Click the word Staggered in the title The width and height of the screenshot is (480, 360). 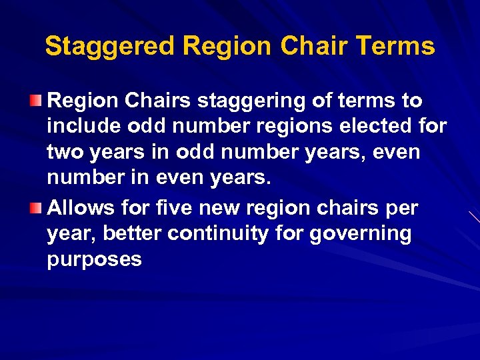pos(110,47)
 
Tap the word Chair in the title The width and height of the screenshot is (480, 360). pos(315,47)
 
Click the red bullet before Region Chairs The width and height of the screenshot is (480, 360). pos(39,101)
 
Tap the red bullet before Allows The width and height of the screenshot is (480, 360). pos(39,208)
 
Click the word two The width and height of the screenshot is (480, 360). pos(64,153)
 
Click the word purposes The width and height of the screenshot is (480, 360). pos(94,260)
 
